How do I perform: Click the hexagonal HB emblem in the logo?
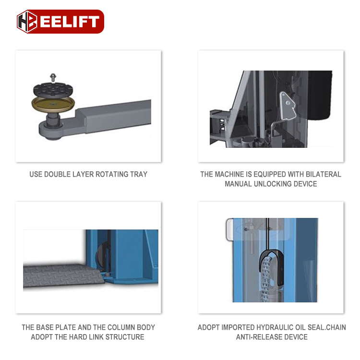[27, 22]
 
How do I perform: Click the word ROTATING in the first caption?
[105, 174]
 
